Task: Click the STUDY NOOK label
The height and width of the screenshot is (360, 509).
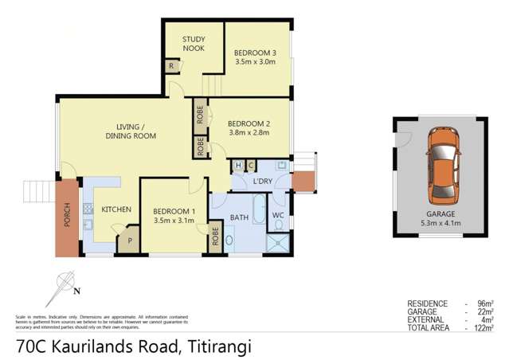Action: click(x=194, y=44)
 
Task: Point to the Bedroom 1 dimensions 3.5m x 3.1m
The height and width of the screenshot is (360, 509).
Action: click(x=174, y=221)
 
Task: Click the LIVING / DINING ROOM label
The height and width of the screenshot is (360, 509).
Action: click(x=131, y=131)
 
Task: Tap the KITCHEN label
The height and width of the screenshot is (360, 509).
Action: click(x=116, y=209)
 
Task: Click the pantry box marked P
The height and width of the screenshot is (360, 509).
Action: click(x=127, y=241)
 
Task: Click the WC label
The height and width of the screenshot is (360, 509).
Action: click(x=279, y=215)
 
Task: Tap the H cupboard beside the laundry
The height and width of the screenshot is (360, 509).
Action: click(x=239, y=165)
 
